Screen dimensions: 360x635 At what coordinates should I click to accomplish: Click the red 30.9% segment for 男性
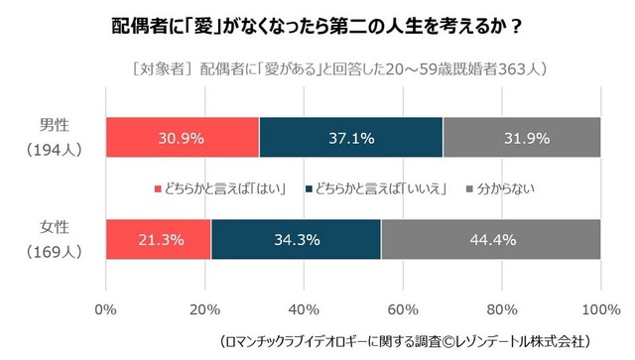(182, 138)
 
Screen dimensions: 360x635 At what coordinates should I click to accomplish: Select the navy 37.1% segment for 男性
(350, 138)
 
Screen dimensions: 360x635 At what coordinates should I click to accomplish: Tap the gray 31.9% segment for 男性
(522, 138)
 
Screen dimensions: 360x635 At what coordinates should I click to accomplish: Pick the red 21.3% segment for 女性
(158, 239)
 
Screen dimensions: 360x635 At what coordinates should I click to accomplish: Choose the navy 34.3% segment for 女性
(296, 239)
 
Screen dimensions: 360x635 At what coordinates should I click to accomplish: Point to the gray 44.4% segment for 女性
(490, 239)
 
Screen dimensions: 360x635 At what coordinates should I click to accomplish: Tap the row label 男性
(54, 126)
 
